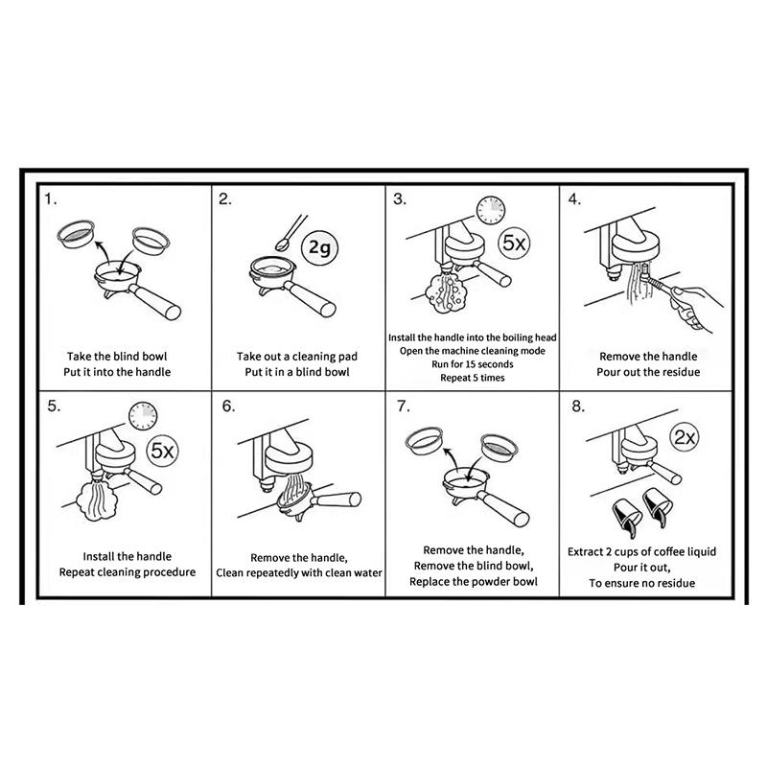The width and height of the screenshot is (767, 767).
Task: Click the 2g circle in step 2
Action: coord(319,248)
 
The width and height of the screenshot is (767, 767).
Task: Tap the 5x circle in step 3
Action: coord(514,244)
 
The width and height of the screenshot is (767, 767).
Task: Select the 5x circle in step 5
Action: coord(162,451)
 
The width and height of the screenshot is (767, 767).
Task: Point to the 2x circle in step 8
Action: coord(684,437)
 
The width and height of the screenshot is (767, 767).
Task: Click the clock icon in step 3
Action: coord(491,210)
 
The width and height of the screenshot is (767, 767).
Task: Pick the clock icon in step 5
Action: coord(143,416)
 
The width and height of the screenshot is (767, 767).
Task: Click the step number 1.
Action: coord(51,198)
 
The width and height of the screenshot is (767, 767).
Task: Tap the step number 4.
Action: coord(574,198)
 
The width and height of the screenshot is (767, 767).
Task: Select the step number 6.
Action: coord(228,406)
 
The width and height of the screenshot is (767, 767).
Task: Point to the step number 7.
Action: coord(403,406)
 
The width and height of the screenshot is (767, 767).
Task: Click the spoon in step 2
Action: coord(291,233)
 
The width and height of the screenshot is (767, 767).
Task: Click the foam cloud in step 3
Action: coord(446,293)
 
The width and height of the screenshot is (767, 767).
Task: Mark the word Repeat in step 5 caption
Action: coord(75,572)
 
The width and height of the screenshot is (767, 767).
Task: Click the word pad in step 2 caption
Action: coord(348,357)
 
